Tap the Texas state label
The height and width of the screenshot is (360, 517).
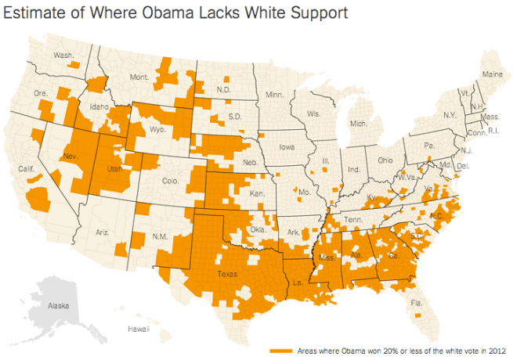click(227, 274)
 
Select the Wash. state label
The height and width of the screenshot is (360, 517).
click(63, 55)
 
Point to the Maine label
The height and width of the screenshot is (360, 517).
click(492, 74)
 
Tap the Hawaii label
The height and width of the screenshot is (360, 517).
click(139, 329)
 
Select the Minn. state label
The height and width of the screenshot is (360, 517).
click(274, 95)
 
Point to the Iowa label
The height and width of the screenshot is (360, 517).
click(287, 146)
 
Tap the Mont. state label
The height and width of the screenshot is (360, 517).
click(139, 77)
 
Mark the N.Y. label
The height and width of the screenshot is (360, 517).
click(449, 115)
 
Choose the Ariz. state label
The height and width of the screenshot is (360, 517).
click(102, 232)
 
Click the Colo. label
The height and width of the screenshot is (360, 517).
click(171, 182)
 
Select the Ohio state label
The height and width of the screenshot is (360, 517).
click(385, 160)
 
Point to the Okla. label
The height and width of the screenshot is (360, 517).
click(258, 229)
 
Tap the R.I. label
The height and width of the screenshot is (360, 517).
click(493, 131)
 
